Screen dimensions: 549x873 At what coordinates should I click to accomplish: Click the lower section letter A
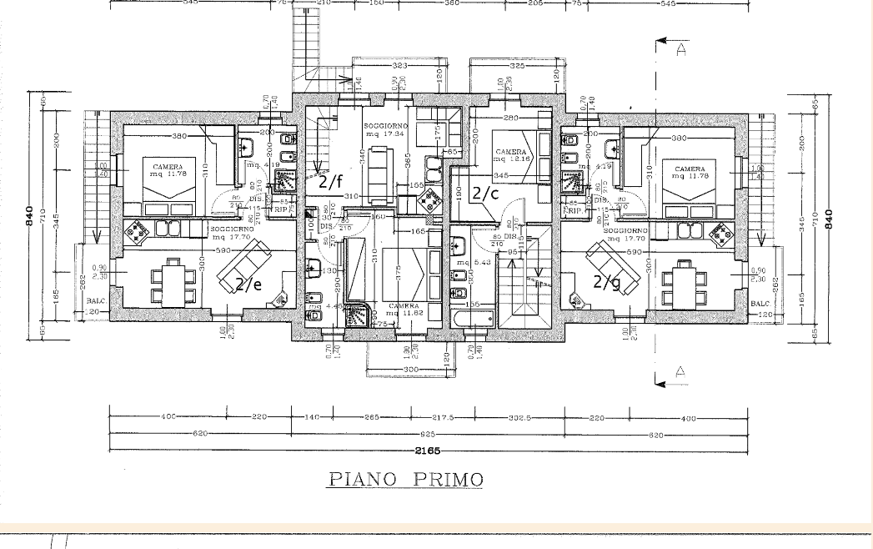(x=680, y=372)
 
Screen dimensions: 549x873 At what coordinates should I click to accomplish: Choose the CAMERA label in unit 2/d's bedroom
(x=690, y=169)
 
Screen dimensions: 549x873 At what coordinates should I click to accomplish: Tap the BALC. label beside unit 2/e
(x=94, y=303)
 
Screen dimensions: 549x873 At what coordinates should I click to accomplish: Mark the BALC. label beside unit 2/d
(x=760, y=303)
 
